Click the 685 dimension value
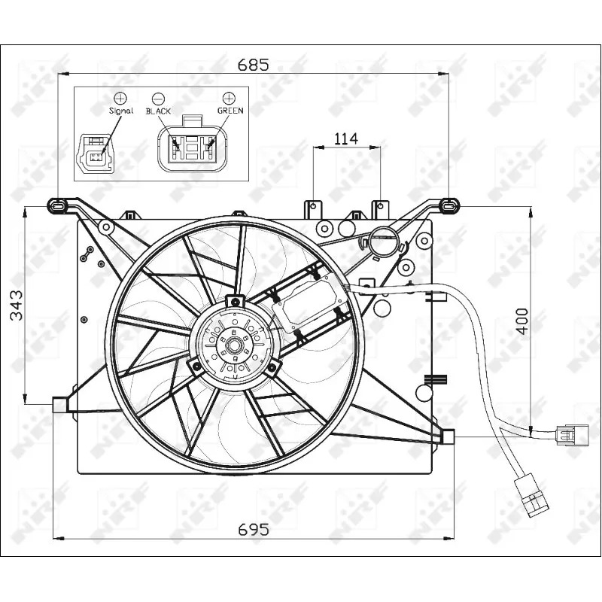point(254,65)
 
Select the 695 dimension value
point(254,530)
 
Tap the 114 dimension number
point(346,138)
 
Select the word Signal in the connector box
point(120,111)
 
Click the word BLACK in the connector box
point(159,111)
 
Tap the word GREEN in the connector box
point(230,110)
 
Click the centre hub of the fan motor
point(233,346)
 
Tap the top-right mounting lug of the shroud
point(448,204)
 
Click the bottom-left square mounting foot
point(60,405)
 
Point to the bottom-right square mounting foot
point(448,436)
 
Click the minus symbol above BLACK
point(159,98)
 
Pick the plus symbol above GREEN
point(230,98)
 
